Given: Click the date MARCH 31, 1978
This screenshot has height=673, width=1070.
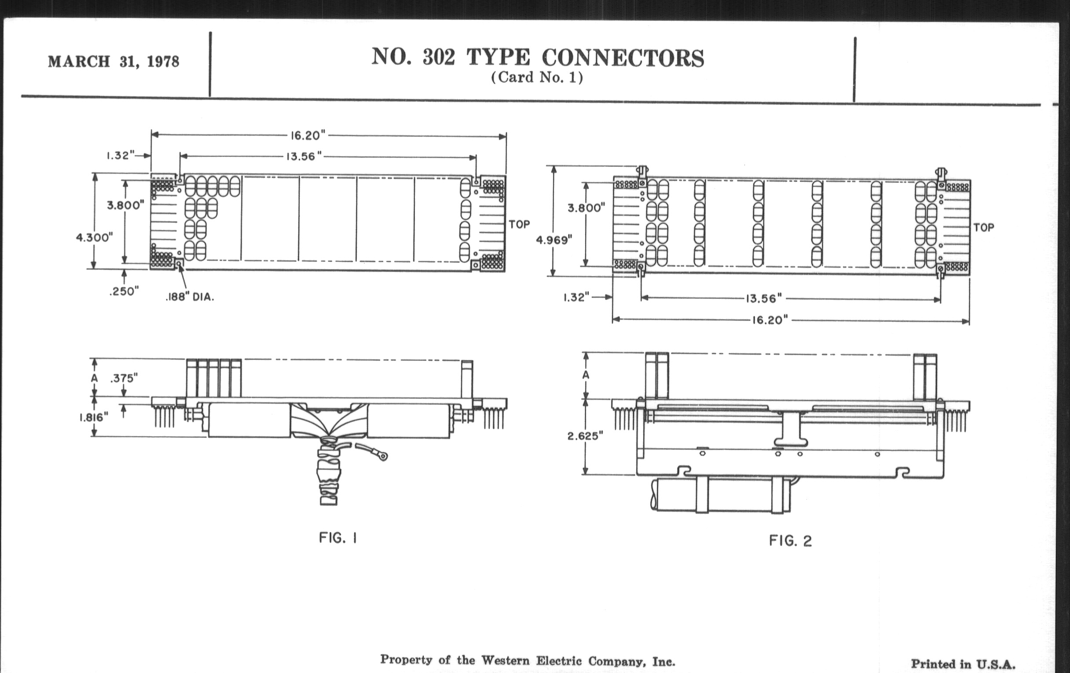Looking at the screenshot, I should [114, 61].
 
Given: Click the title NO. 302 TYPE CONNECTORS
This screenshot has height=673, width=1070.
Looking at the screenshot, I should [537, 58].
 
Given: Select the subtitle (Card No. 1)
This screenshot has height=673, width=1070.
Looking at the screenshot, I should [537, 77].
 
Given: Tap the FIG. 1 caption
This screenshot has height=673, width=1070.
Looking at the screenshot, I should [338, 538].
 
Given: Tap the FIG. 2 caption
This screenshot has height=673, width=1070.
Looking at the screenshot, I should [790, 541].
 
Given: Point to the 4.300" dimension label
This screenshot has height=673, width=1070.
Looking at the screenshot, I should [94, 237].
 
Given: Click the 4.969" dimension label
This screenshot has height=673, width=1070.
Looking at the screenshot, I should [553, 240].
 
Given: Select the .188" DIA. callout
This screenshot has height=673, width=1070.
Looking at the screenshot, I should [190, 297].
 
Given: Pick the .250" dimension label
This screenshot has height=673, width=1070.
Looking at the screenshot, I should [124, 291].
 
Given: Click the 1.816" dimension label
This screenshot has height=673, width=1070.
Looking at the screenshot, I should [94, 417].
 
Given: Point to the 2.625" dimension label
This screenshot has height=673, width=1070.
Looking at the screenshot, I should [585, 436].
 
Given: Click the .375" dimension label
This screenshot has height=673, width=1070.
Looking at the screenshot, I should [124, 378].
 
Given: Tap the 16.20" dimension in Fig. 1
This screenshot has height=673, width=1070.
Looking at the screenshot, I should [308, 135].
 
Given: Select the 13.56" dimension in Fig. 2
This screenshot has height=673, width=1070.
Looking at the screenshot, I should [763, 299].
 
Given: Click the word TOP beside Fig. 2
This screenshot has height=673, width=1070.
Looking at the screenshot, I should [983, 228].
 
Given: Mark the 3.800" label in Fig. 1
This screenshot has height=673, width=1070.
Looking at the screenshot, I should [125, 205].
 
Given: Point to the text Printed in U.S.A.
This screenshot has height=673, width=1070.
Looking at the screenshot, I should [963, 664].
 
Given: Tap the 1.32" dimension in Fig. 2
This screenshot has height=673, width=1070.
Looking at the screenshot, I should [576, 297].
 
